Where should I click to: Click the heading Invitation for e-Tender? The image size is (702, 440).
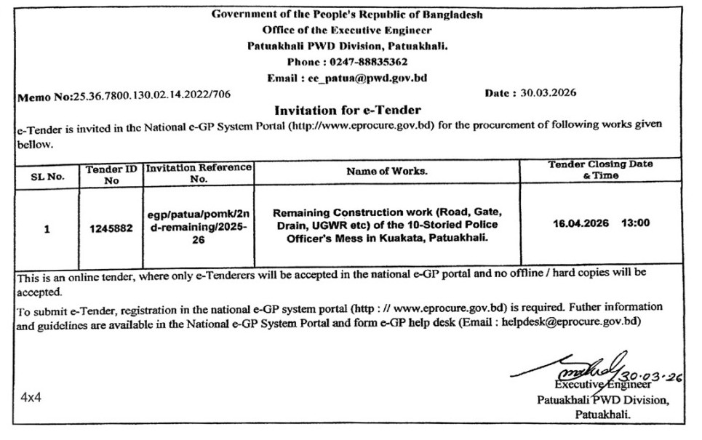(347, 110)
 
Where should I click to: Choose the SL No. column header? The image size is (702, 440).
(48, 175)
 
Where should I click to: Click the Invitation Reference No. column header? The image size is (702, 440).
(199, 172)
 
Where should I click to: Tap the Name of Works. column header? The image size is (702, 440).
(387, 172)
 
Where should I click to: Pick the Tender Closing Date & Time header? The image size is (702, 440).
(600, 169)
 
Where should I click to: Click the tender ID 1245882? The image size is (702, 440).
(111, 228)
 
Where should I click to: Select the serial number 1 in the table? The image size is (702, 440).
(47, 228)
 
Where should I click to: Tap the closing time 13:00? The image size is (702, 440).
(636, 223)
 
